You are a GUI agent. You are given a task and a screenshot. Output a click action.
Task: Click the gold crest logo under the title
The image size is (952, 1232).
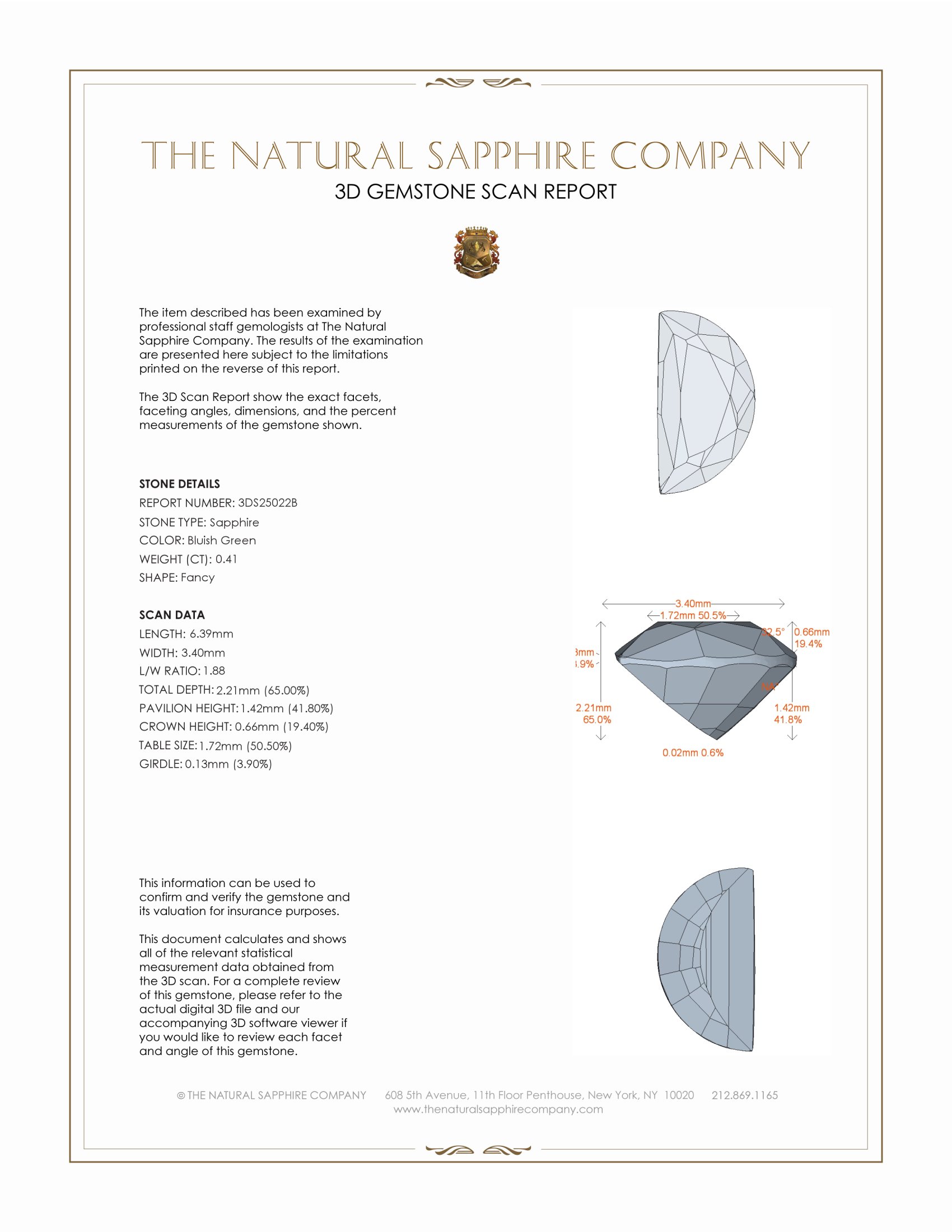pyautogui.click(x=476, y=253)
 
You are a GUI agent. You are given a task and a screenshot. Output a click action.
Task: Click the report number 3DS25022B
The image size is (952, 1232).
pyautogui.click(x=267, y=503)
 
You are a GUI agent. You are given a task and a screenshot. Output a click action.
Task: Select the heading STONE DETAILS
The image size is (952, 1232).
pyautogui.click(x=179, y=484)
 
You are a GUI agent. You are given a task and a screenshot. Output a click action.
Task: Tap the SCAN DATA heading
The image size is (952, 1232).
pyautogui.click(x=172, y=615)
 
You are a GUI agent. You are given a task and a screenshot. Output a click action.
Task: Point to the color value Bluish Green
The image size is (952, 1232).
pyautogui.click(x=222, y=540)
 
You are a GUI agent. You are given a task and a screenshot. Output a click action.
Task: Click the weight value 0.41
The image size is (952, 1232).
pyautogui.click(x=226, y=559)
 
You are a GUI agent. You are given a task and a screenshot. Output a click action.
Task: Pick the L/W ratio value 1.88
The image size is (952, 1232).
pyautogui.click(x=214, y=671)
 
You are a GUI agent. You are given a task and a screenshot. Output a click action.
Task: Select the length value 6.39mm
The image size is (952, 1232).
pyautogui.click(x=212, y=634)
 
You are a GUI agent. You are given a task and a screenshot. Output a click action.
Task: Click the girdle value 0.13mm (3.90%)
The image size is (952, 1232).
pyautogui.click(x=228, y=764)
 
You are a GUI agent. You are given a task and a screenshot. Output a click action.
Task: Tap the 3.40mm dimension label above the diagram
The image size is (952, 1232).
pyautogui.click(x=693, y=604)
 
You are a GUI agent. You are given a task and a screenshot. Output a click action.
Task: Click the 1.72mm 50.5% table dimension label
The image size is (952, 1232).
pyautogui.click(x=693, y=615)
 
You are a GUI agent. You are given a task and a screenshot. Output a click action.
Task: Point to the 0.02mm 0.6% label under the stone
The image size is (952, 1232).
pyautogui.click(x=693, y=753)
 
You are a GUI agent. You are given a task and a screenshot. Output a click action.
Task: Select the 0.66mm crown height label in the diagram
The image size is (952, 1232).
pyautogui.click(x=812, y=632)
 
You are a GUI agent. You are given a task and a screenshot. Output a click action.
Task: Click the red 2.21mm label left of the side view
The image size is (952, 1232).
pyautogui.click(x=593, y=708)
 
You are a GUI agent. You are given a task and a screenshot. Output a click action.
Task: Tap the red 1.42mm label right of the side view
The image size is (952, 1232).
pyautogui.click(x=791, y=708)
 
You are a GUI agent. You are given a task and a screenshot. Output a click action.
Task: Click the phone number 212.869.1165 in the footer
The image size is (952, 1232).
pyautogui.click(x=744, y=1095)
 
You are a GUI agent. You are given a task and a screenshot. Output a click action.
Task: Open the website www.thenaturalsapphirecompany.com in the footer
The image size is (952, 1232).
pyautogui.click(x=498, y=1109)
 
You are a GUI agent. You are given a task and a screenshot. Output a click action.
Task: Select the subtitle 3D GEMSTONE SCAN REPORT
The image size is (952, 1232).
pyautogui.click(x=475, y=192)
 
